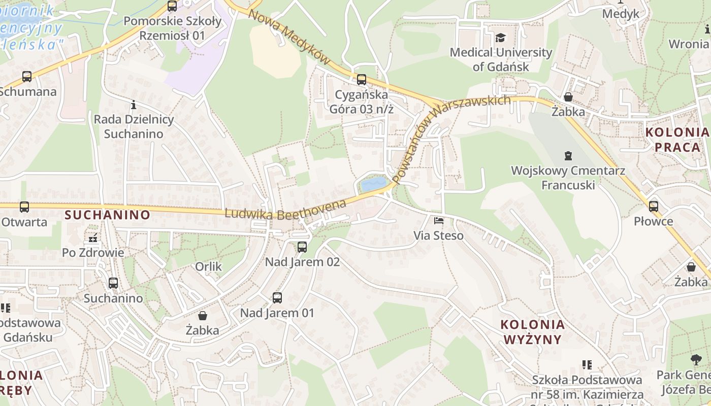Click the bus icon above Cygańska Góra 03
[x=361, y=80]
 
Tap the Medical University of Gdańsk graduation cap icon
[x=501, y=38]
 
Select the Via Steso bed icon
[x=438, y=221]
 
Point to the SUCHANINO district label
[x=108, y=215]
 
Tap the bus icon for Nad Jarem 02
[x=302, y=247]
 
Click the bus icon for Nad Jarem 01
[x=277, y=298]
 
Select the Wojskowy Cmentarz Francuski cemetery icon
[x=568, y=156]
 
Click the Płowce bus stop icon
[x=654, y=207]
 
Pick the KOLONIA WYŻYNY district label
[x=532, y=332]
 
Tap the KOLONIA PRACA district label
[x=677, y=140]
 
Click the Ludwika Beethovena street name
[x=285, y=210]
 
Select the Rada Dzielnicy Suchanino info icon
[x=134, y=105]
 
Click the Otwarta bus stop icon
[x=24, y=207]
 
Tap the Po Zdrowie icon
[x=93, y=238]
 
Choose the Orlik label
[x=209, y=266]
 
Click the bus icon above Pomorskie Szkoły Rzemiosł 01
[x=172, y=6]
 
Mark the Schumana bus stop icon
[x=27, y=77]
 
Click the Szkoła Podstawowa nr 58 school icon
[x=587, y=364]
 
